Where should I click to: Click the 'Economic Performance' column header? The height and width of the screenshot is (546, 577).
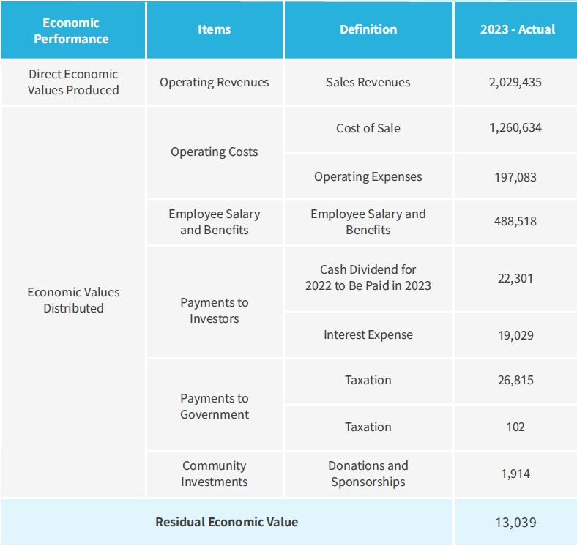point(71,30)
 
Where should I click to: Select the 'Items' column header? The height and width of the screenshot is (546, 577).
point(214,30)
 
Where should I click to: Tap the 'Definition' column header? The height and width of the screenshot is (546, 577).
point(368,30)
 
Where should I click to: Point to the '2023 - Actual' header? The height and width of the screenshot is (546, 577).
point(517,30)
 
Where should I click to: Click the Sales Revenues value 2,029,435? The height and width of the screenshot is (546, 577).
point(515,82)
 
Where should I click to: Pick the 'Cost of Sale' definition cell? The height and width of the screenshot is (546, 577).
point(368,128)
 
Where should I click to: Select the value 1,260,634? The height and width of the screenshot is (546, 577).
point(515,128)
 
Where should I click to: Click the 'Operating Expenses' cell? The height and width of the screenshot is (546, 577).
point(368,176)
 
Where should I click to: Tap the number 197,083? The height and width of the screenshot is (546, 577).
point(515,177)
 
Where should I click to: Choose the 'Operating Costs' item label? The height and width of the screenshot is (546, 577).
point(214,152)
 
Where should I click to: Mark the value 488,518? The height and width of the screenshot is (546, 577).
point(515,221)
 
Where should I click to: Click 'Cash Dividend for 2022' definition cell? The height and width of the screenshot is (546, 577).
point(368,277)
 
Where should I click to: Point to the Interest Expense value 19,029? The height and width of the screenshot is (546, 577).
point(515,335)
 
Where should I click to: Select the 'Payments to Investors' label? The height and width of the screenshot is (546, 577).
point(214,310)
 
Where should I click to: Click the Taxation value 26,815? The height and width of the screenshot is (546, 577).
point(515,381)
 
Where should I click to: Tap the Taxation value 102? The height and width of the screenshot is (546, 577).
point(515,427)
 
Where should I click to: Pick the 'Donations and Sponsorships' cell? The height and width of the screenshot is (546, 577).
point(368,474)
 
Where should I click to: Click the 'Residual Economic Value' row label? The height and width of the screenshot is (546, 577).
point(226,522)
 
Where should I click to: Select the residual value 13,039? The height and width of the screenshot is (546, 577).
point(515,523)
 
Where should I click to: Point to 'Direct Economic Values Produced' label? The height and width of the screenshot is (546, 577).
point(72,82)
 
